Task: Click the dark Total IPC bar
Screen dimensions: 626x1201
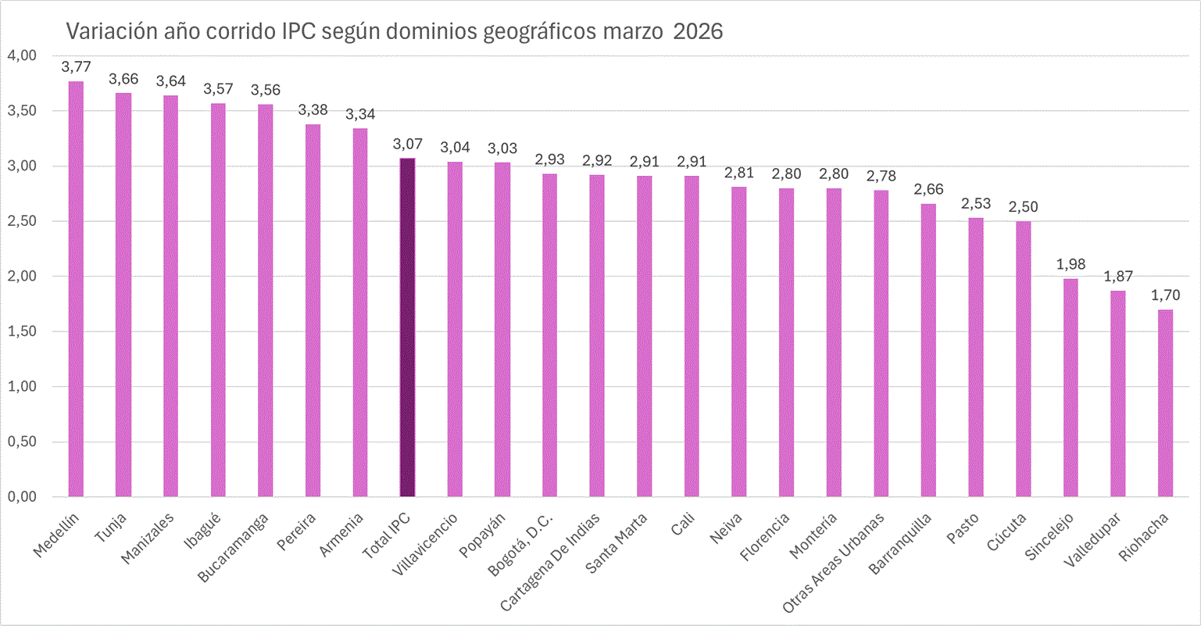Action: pyautogui.click(x=407, y=328)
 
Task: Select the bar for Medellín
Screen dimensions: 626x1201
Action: pyautogui.click(x=76, y=289)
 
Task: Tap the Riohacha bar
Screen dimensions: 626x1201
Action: pyautogui.click(x=1165, y=403)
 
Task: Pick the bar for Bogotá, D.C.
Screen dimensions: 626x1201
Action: pyautogui.click(x=549, y=335)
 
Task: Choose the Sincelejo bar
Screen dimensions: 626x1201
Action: pyautogui.click(x=1071, y=388)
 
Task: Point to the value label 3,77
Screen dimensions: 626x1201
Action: pyautogui.click(x=76, y=66)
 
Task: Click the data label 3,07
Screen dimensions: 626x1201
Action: pyautogui.click(x=407, y=144)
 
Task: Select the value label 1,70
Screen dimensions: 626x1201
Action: pyautogui.click(x=1165, y=295)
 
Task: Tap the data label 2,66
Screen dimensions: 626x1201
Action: pyautogui.click(x=928, y=189)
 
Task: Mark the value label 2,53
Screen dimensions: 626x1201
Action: pyautogui.click(x=976, y=203)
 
